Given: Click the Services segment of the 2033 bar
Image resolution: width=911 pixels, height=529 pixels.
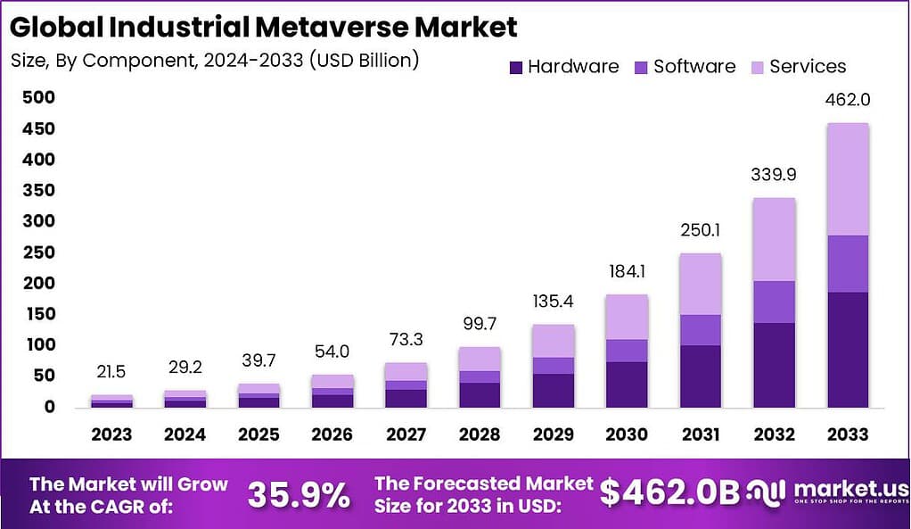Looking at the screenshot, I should [x=847, y=179].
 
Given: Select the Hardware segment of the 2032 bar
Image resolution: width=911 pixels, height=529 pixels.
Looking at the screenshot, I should [x=774, y=365].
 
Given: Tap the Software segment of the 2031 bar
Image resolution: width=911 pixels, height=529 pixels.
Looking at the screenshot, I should [x=701, y=330].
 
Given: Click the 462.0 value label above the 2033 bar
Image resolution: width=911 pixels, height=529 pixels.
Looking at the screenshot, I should [x=847, y=100].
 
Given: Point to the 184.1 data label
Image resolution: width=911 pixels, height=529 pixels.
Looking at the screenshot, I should [x=628, y=271].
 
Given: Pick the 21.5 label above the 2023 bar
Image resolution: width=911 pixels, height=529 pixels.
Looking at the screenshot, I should [x=111, y=371].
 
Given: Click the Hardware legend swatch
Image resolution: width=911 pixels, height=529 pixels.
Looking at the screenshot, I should [x=515, y=67].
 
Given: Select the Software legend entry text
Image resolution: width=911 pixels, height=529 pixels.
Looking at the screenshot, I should [x=694, y=67].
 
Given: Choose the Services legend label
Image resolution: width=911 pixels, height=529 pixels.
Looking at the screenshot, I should [x=808, y=67].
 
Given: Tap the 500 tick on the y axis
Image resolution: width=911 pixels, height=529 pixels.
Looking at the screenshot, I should [x=40, y=97].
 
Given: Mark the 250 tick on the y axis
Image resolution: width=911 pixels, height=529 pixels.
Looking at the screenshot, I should [x=40, y=252].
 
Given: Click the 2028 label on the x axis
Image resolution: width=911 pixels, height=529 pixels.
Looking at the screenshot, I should [x=480, y=434].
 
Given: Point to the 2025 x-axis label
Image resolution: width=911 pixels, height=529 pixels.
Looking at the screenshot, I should [x=259, y=434].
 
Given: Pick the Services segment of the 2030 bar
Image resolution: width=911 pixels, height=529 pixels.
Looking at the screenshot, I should [x=628, y=317].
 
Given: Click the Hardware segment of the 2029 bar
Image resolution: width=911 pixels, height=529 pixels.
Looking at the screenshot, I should [x=554, y=390].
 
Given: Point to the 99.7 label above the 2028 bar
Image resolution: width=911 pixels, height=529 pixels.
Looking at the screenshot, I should [x=480, y=323].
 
